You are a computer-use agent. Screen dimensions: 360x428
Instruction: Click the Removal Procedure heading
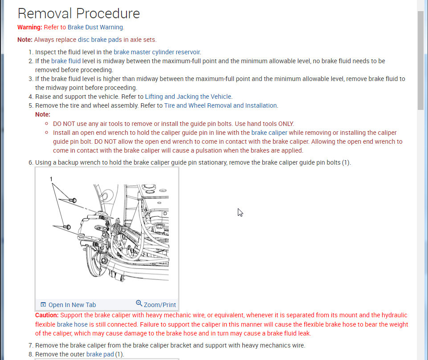[x=79, y=13]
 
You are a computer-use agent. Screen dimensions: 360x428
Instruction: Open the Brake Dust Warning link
[x=95, y=27]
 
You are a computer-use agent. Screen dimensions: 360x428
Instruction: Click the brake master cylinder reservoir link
[x=157, y=52]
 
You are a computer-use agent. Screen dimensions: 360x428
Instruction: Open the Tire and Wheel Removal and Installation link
[x=220, y=105]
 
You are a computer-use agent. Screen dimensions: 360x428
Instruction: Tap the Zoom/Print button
[x=159, y=305]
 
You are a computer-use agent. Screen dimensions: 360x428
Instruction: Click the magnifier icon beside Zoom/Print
[x=139, y=303]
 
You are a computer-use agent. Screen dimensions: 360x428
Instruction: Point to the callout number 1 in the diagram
[x=51, y=179]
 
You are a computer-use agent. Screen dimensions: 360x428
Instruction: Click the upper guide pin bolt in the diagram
[x=73, y=200]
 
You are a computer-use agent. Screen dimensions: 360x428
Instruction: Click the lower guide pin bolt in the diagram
[x=68, y=227]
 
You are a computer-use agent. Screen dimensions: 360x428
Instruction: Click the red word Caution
[x=47, y=315]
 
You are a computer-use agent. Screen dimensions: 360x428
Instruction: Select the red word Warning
[x=29, y=27]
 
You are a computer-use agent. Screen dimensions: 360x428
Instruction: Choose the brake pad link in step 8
[x=100, y=354]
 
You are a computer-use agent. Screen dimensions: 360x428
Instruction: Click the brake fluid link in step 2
[x=66, y=61]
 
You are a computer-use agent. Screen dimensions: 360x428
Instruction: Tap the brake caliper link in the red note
[x=269, y=133]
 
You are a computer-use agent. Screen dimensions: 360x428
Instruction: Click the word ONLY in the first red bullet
[x=286, y=124]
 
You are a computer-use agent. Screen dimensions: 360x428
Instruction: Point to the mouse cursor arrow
[x=240, y=212]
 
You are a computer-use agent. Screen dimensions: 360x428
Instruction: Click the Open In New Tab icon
[x=43, y=305]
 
